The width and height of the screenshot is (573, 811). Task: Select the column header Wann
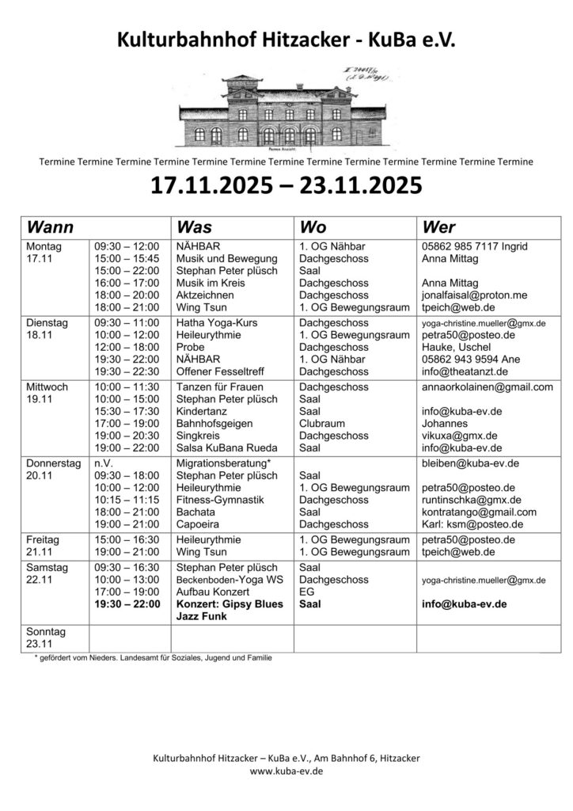50,227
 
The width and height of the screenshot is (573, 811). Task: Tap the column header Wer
439,227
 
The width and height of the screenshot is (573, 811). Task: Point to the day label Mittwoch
47,387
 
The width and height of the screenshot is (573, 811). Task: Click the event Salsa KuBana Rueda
226,447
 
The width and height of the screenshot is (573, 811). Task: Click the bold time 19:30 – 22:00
127,603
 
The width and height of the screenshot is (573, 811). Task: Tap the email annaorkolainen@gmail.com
488,387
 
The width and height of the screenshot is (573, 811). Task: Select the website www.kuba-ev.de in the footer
286,771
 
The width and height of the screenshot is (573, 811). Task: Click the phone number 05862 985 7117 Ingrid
475,246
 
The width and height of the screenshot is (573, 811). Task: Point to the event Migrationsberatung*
224,463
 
